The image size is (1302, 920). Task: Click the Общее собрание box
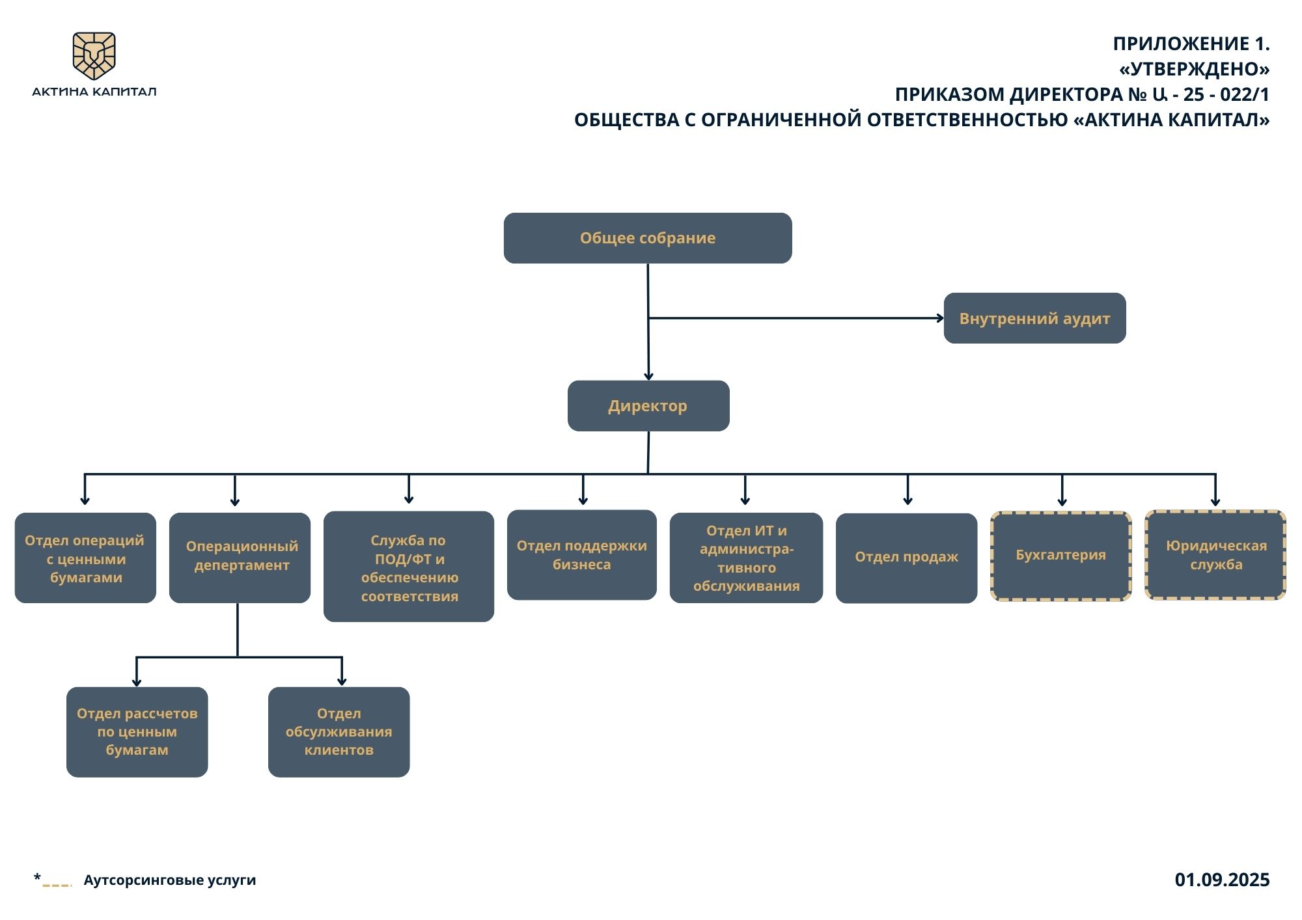pyautogui.click(x=648, y=238)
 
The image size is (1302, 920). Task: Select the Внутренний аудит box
pyautogui.click(x=1034, y=318)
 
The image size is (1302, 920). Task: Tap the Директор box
pyautogui.click(x=648, y=406)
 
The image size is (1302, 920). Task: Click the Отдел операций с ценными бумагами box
pyautogui.click(x=85, y=558)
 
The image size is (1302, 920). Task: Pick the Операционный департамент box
pyautogui.click(x=240, y=558)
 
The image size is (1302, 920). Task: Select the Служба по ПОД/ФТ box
pyautogui.click(x=409, y=567)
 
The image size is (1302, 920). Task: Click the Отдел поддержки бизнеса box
pyautogui.click(x=581, y=555)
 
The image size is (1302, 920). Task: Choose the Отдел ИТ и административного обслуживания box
pyautogui.click(x=746, y=558)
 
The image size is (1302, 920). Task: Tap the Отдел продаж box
pyautogui.click(x=906, y=558)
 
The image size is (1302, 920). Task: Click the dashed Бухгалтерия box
pyautogui.click(x=1060, y=556)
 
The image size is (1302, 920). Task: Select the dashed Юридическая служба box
pyautogui.click(x=1215, y=555)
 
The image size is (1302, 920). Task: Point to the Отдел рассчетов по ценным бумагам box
pyautogui.click(x=137, y=732)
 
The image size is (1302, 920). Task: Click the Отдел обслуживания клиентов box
pyautogui.click(x=339, y=732)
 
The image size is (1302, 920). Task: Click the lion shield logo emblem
pyautogui.click(x=94, y=55)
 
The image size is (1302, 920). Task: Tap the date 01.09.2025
pyautogui.click(x=1222, y=880)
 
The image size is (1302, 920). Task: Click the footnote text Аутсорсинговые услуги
pyautogui.click(x=169, y=880)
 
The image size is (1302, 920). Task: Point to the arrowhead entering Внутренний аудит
pyautogui.click(x=940, y=318)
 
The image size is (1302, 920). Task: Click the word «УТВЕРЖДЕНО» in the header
pyautogui.click(x=1194, y=69)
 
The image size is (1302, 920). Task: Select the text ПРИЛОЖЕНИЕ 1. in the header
pyautogui.click(x=1191, y=44)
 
